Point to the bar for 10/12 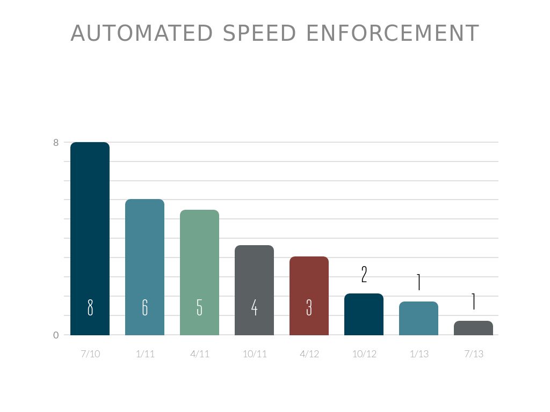[x=364, y=314]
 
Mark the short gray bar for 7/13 [x=473, y=328]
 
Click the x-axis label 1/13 [x=419, y=354]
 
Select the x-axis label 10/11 [x=255, y=354]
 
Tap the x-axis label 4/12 [x=309, y=354]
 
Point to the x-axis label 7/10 [x=90, y=354]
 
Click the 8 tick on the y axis [x=56, y=143]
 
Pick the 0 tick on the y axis [x=56, y=335]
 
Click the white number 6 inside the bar [x=145, y=307]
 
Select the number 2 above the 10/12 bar [x=364, y=275]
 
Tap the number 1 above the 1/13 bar [x=419, y=282]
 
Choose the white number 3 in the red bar [x=309, y=307]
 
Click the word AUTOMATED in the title [x=142, y=33]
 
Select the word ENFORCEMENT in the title [x=392, y=33]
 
